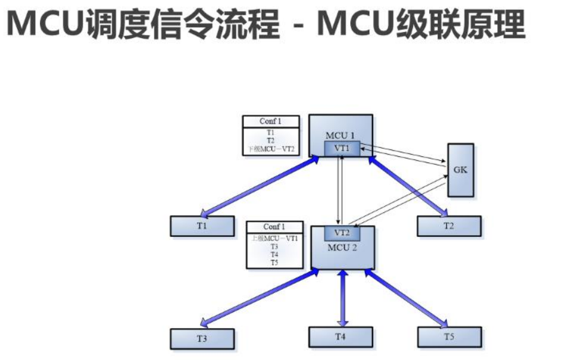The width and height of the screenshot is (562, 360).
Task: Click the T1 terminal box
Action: coord(202,226)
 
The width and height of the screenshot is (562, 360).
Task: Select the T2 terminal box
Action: coord(449,226)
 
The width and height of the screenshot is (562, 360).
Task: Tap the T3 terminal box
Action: coord(202,338)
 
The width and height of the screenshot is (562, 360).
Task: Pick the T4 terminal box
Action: coord(340,337)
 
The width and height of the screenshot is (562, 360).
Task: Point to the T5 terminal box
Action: coord(449,337)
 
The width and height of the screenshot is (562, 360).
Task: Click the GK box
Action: coord(460,170)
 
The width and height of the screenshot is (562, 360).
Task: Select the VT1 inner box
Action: coord(341,148)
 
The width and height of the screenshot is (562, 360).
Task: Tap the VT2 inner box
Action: coord(342,233)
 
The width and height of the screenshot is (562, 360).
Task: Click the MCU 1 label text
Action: coord(340,135)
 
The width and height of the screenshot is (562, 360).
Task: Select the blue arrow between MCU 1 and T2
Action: coord(406,186)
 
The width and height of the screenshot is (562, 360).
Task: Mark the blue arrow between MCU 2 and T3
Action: coord(259,297)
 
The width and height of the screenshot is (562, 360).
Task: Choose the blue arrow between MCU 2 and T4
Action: coord(342,298)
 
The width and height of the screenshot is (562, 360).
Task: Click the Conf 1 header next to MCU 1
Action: coord(271,122)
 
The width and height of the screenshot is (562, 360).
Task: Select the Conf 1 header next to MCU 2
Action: coord(275,227)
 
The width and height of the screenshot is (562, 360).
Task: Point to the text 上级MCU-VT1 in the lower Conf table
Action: coord(275,238)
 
